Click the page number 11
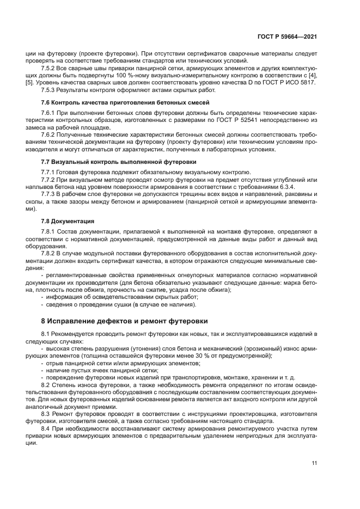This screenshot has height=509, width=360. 314,463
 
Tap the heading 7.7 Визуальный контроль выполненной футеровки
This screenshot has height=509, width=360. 119,162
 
